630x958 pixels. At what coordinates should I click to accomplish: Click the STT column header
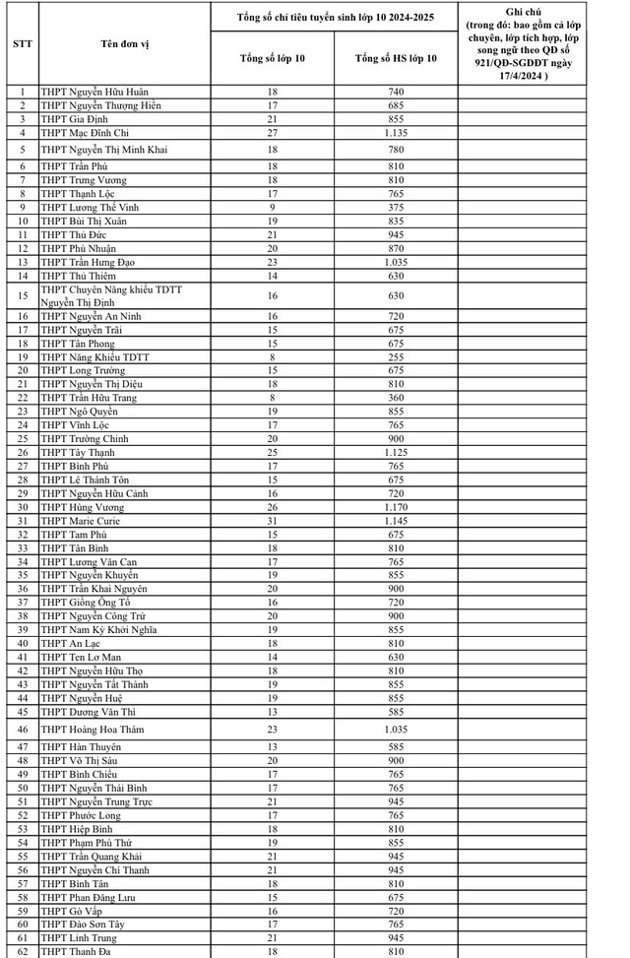[22, 44]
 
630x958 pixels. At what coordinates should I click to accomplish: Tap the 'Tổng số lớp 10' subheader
[273, 58]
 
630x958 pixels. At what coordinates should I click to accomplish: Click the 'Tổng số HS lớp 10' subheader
[396, 58]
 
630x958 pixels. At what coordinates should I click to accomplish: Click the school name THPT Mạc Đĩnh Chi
[87, 132]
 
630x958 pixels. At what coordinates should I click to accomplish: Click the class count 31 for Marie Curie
[273, 521]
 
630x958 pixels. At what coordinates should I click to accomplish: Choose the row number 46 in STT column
[22, 730]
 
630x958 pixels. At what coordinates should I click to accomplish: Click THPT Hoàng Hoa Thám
[94, 730]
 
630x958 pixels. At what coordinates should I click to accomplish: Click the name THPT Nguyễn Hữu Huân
[94, 92]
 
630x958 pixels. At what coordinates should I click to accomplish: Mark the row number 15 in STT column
[22, 295]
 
